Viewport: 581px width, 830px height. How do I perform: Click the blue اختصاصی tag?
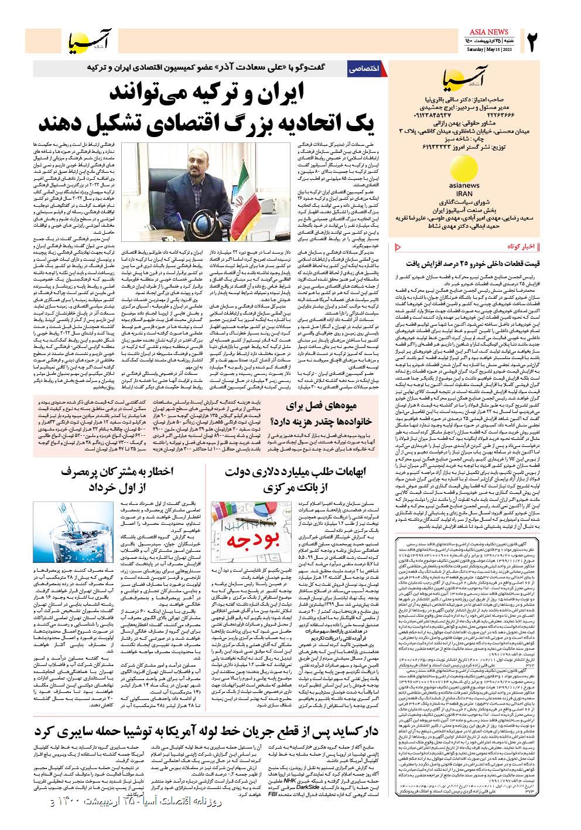[x=363, y=69]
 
